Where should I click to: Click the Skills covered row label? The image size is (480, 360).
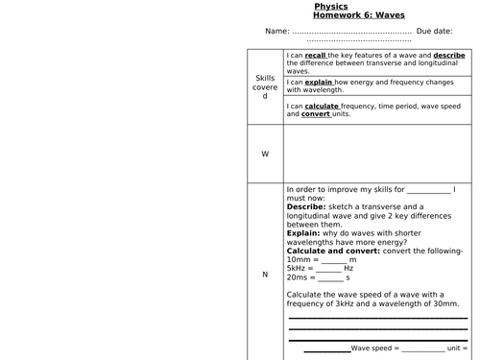(x=265, y=88)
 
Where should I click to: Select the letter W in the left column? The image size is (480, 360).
(x=265, y=154)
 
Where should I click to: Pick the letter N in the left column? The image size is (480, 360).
(x=265, y=275)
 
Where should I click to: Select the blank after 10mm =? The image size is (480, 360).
(x=333, y=260)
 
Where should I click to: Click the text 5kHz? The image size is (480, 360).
(x=298, y=268)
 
